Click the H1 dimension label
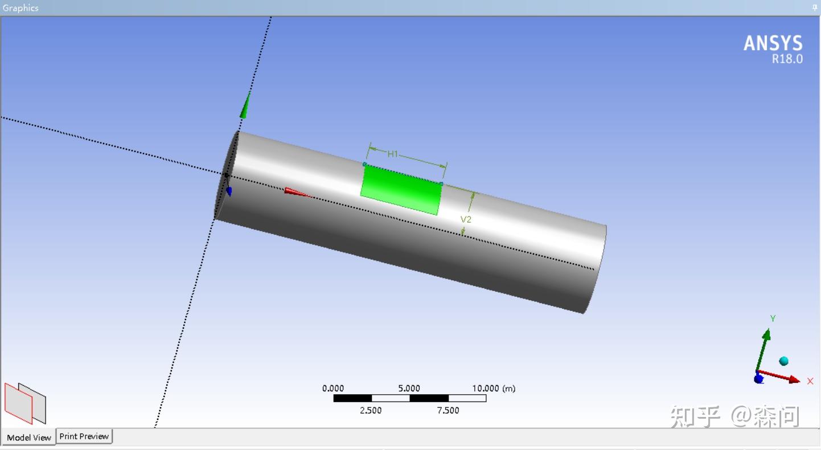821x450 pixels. tap(393, 154)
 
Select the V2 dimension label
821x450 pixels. tap(466, 219)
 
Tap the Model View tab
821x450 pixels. tap(28, 437)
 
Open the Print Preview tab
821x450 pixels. tap(84, 436)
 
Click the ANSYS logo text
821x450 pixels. tap(773, 43)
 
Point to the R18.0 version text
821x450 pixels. tap(787, 59)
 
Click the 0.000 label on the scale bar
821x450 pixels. tap(333, 388)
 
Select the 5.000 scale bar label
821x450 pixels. tap(409, 388)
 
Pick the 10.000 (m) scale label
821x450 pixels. tap(493, 388)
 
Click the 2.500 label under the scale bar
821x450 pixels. tap(371, 410)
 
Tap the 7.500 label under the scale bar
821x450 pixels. tap(448, 410)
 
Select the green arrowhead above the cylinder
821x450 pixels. tap(245, 105)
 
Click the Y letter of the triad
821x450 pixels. tap(773, 318)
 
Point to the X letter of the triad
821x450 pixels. tap(810, 381)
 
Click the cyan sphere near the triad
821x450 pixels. tap(784, 361)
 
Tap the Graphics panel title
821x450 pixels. tap(20, 8)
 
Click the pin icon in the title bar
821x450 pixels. tap(815, 7)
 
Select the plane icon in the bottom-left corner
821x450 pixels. tap(25, 403)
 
